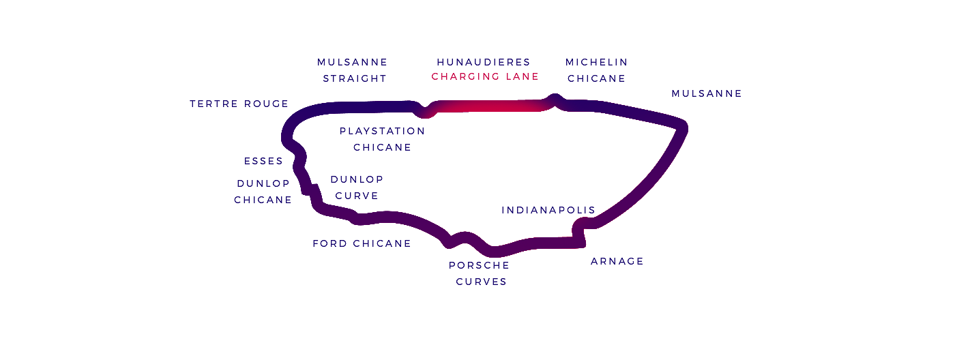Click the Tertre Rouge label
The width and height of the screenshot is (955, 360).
pos(239,104)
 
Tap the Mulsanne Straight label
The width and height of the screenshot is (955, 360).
pos(353,70)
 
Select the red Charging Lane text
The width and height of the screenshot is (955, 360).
pos(485,76)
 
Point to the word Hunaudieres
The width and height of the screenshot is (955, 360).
pos(484,62)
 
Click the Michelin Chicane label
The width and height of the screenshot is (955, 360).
pos(596,70)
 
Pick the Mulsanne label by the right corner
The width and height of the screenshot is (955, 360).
pos(706,93)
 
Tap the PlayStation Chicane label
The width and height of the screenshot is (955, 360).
pos(382,138)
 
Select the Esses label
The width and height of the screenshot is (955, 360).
pos(263,161)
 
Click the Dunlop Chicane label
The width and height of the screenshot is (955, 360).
pos(263,192)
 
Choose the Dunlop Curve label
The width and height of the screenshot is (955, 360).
pos(357,187)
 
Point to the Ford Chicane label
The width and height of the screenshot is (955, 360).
pos(362,243)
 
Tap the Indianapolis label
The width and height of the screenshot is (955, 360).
pos(548,210)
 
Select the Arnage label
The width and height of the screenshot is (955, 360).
pos(617,261)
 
